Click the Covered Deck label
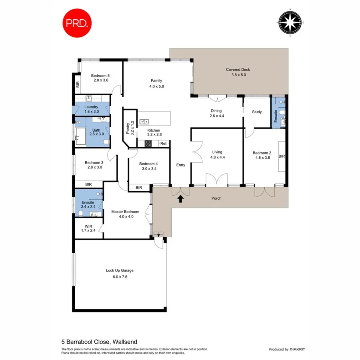(x=238, y=70)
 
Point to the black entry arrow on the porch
(x=180, y=198)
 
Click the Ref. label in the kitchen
(x=164, y=144)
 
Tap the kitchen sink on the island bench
(x=144, y=121)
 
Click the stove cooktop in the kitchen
(x=148, y=144)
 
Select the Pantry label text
(x=128, y=128)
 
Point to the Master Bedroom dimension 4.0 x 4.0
(x=126, y=217)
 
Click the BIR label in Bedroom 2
(x=281, y=156)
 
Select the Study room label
(x=256, y=112)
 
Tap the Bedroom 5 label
(x=100, y=75)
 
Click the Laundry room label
(x=91, y=107)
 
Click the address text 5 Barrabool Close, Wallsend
(x=99, y=342)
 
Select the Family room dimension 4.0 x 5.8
(x=156, y=86)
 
